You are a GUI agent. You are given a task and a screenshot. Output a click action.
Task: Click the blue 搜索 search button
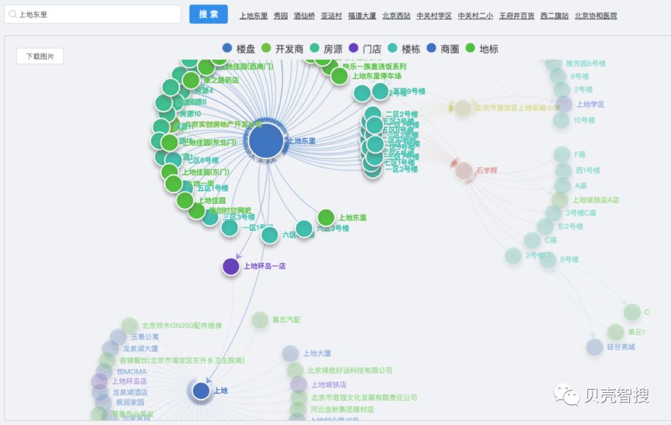[208, 14]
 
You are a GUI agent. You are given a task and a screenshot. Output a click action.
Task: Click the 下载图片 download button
[40, 56]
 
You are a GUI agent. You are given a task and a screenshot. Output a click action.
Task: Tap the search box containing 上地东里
[93, 14]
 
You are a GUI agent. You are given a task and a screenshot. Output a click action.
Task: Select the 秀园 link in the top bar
[281, 16]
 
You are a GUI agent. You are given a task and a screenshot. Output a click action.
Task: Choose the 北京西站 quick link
[396, 16]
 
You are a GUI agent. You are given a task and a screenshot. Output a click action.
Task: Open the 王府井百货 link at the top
[516, 16]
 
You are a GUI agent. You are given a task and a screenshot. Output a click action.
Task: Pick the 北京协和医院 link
[595, 16]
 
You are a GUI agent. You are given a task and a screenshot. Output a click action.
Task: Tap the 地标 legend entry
[482, 48]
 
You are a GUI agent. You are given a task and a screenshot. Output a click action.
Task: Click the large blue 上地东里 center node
[266, 141]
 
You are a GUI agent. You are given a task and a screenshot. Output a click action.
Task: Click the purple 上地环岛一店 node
[231, 267]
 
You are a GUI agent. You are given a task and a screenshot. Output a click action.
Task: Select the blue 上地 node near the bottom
[201, 391]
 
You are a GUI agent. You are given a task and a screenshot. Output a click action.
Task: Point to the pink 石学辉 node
[463, 170]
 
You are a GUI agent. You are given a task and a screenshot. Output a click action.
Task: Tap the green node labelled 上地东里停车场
[339, 76]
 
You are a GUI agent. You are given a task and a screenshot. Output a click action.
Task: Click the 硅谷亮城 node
[595, 347]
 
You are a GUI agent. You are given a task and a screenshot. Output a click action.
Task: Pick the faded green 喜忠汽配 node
[260, 320]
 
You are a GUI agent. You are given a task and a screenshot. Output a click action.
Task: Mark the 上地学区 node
[564, 104]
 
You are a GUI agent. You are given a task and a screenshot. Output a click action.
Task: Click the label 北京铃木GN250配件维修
[181, 326]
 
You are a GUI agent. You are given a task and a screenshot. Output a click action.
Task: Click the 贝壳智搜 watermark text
[616, 395]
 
